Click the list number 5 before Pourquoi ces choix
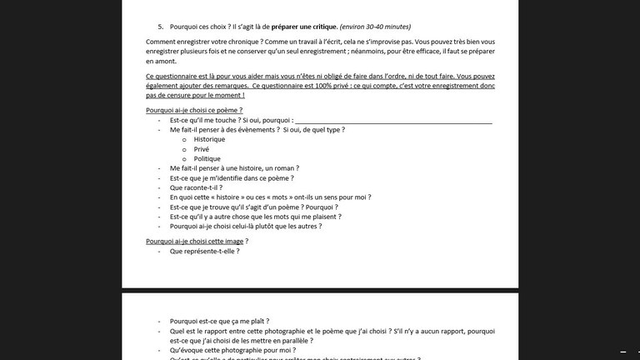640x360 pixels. [160, 27]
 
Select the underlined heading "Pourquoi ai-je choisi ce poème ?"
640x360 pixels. [193, 110]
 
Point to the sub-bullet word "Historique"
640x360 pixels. [209, 139]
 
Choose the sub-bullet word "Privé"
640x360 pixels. [202, 149]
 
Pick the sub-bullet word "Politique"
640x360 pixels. [207, 158]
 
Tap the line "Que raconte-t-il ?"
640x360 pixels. [197, 187]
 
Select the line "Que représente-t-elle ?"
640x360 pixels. [204, 251]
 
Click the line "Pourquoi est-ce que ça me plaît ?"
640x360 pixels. [219, 321]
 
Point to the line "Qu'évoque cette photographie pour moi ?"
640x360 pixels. [227, 351]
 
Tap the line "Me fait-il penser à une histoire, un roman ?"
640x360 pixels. [234, 168]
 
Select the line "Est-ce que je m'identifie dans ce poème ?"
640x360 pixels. [229, 177]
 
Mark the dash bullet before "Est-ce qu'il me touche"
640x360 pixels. [158, 120]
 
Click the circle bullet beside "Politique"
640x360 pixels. [184, 158]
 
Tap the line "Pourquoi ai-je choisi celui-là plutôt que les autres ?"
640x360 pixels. [246, 226]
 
